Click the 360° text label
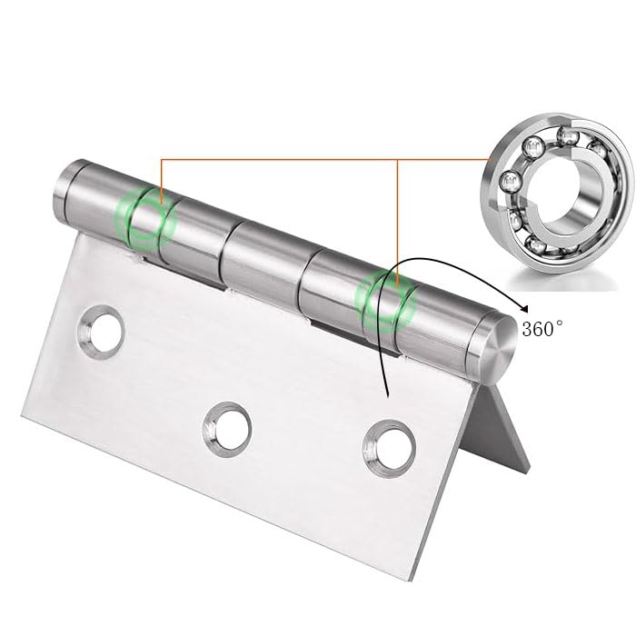[x=551, y=329]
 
